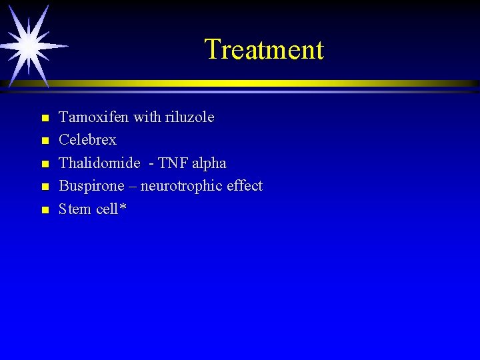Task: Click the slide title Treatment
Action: click(x=263, y=49)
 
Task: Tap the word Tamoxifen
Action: click(x=94, y=117)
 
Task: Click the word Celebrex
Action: click(x=87, y=140)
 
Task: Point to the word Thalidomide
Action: click(x=99, y=163)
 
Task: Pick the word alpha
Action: click(x=210, y=163)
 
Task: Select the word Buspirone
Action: click(x=92, y=186)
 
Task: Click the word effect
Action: click(x=244, y=185)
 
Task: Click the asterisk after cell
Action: click(x=123, y=207)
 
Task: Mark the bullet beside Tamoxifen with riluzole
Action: click(x=44, y=119)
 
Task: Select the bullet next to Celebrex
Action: click(x=44, y=141)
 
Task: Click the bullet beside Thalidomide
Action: click(x=44, y=164)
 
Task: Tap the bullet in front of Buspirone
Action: click(x=44, y=187)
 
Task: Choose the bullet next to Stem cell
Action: click(x=44, y=210)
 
